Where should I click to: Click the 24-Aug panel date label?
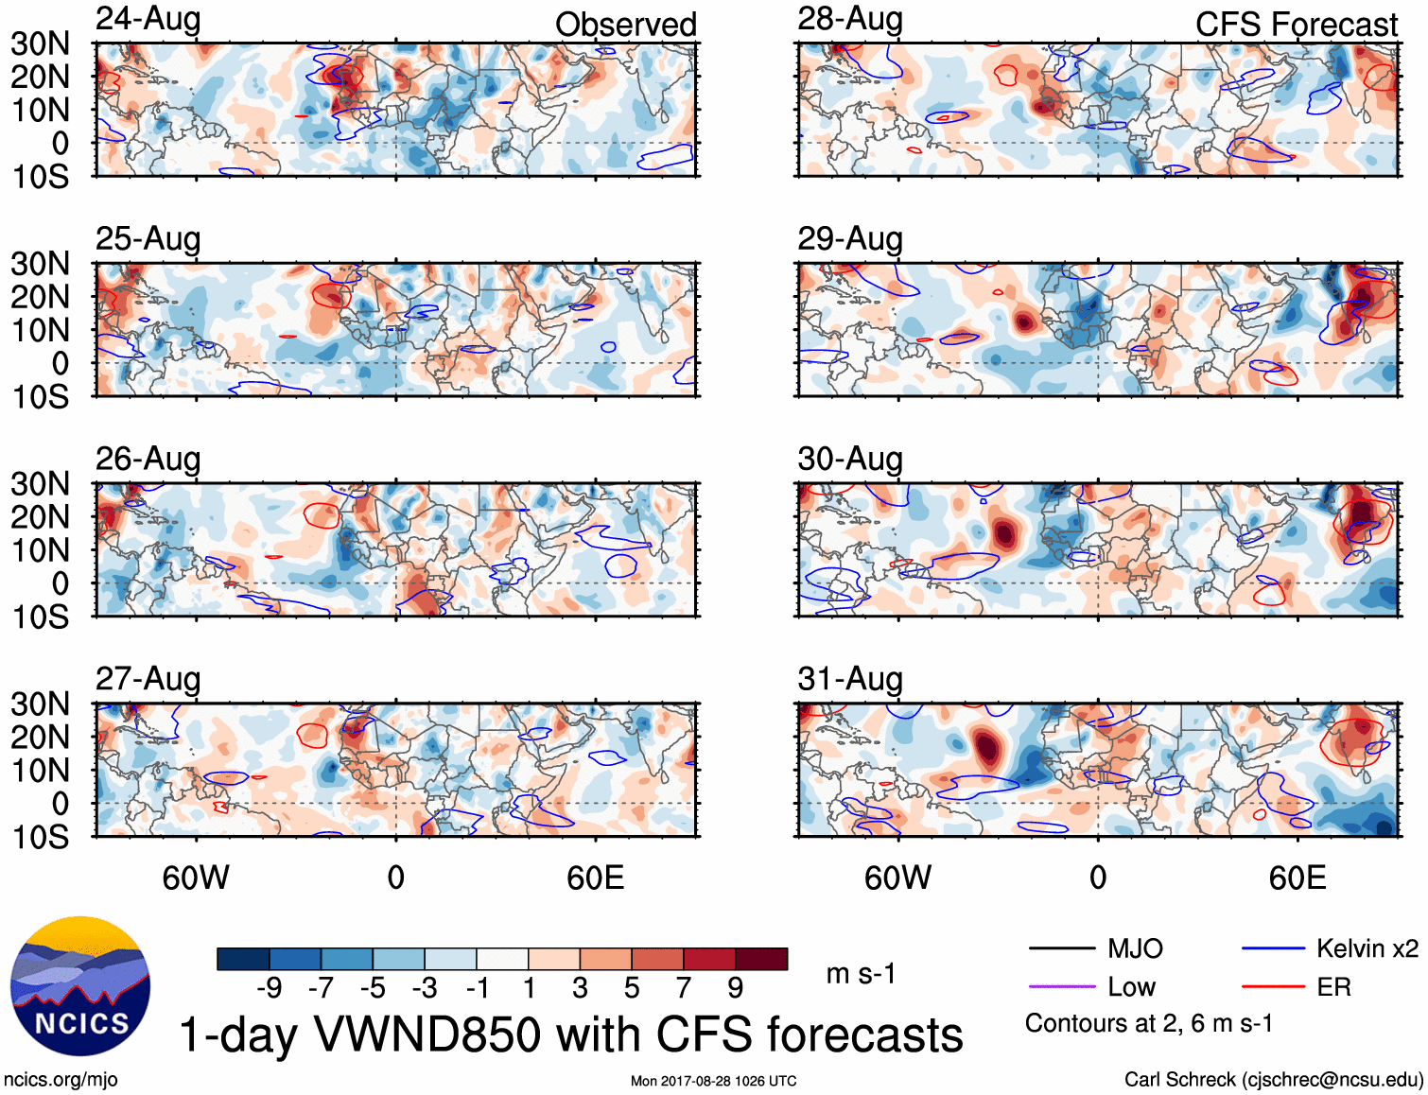(148, 19)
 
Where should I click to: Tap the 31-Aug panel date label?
(850, 679)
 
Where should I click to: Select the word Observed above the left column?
(625, 25)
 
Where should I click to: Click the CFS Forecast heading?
(1296, 25)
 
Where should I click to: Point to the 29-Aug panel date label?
(850, 238)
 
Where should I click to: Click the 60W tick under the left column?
(196, 878)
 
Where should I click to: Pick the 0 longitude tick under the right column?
(1097, 878)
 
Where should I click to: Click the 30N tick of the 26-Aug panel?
(40, 484)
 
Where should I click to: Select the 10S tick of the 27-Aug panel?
(40, 837)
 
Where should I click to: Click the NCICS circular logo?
(80, 986)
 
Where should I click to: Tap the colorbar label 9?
(736, 988)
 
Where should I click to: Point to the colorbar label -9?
(269, 988)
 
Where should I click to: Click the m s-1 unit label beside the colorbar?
(861, 974)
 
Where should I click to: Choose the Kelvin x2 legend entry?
(1367, 948)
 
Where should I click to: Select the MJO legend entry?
(1135, 948)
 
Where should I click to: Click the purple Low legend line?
(1061, 987)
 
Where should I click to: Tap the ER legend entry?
(1333, 987)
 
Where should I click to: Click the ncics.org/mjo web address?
(61, 1080)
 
